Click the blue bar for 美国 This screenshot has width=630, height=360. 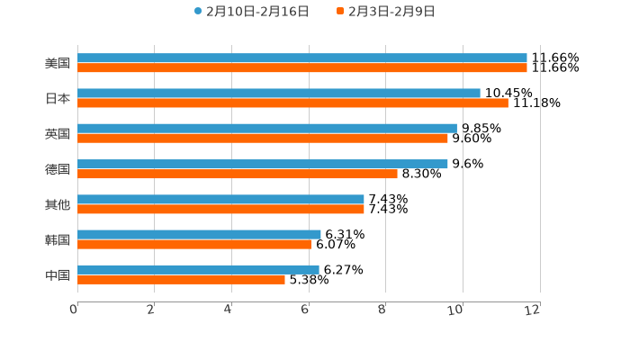302,58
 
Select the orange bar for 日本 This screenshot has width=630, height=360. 292,103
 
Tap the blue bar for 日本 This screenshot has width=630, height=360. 279,93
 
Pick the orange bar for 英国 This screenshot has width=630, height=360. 263,138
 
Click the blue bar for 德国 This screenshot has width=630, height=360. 263,164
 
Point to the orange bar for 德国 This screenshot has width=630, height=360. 238,174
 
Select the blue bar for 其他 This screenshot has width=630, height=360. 220,199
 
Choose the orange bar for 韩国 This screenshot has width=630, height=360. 194,244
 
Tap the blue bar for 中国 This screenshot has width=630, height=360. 198,269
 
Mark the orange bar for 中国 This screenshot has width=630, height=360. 181,279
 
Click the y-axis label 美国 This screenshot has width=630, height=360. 58,63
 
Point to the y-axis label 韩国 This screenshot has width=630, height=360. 58,239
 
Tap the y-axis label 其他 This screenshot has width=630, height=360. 58,204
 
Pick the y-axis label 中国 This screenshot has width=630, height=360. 58,274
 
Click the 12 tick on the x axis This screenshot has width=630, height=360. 533,310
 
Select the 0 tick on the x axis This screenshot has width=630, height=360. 74,310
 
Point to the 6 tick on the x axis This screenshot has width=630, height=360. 305,310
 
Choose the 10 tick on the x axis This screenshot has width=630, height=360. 455,310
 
